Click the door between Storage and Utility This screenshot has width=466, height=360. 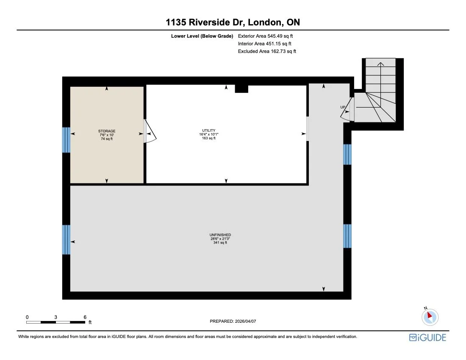point(149,131)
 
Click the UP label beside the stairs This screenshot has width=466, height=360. point(343,107)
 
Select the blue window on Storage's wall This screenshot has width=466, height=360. point(66,140)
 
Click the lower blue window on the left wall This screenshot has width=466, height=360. point(66,240)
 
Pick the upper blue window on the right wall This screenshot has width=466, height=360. point(347,154)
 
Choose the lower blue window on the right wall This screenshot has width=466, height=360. point(347,236)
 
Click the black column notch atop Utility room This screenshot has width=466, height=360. point(241,88)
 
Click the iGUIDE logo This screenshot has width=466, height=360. point(427,338)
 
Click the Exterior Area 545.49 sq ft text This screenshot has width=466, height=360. point(265,36)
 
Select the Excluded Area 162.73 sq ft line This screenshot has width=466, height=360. point(267,51)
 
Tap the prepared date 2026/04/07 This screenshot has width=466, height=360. point(233,321)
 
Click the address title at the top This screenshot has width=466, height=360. point(233,22)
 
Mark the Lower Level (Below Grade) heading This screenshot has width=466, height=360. point(202,36)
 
